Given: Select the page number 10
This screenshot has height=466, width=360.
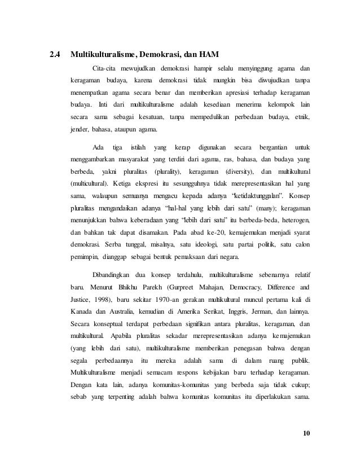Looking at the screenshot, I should pos(306,433).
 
